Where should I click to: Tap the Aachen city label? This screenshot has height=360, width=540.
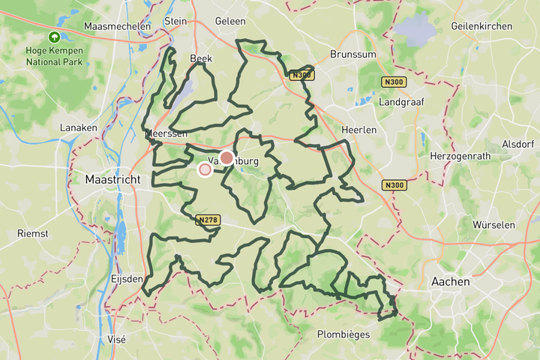click(451, 282)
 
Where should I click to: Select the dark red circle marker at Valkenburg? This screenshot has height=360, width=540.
click(226, 158)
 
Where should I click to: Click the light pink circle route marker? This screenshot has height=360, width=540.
click(205, 169)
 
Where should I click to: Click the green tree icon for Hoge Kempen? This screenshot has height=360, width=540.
click(54, 37)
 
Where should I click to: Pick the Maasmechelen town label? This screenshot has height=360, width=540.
click(118, 25)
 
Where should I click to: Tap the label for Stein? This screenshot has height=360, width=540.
click(175, 21)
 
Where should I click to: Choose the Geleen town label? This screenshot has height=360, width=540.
click(229, 21)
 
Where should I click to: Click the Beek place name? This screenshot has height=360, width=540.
click(201, 58)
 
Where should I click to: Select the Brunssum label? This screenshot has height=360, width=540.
click(353, 55)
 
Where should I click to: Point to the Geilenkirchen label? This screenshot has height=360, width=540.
click(481, 25)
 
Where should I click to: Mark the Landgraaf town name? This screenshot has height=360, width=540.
click(402, 101)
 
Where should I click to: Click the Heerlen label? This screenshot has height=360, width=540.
click(358, 130)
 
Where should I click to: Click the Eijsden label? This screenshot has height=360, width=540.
click(126, 278)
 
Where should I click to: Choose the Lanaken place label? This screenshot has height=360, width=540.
click(79, 127)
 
